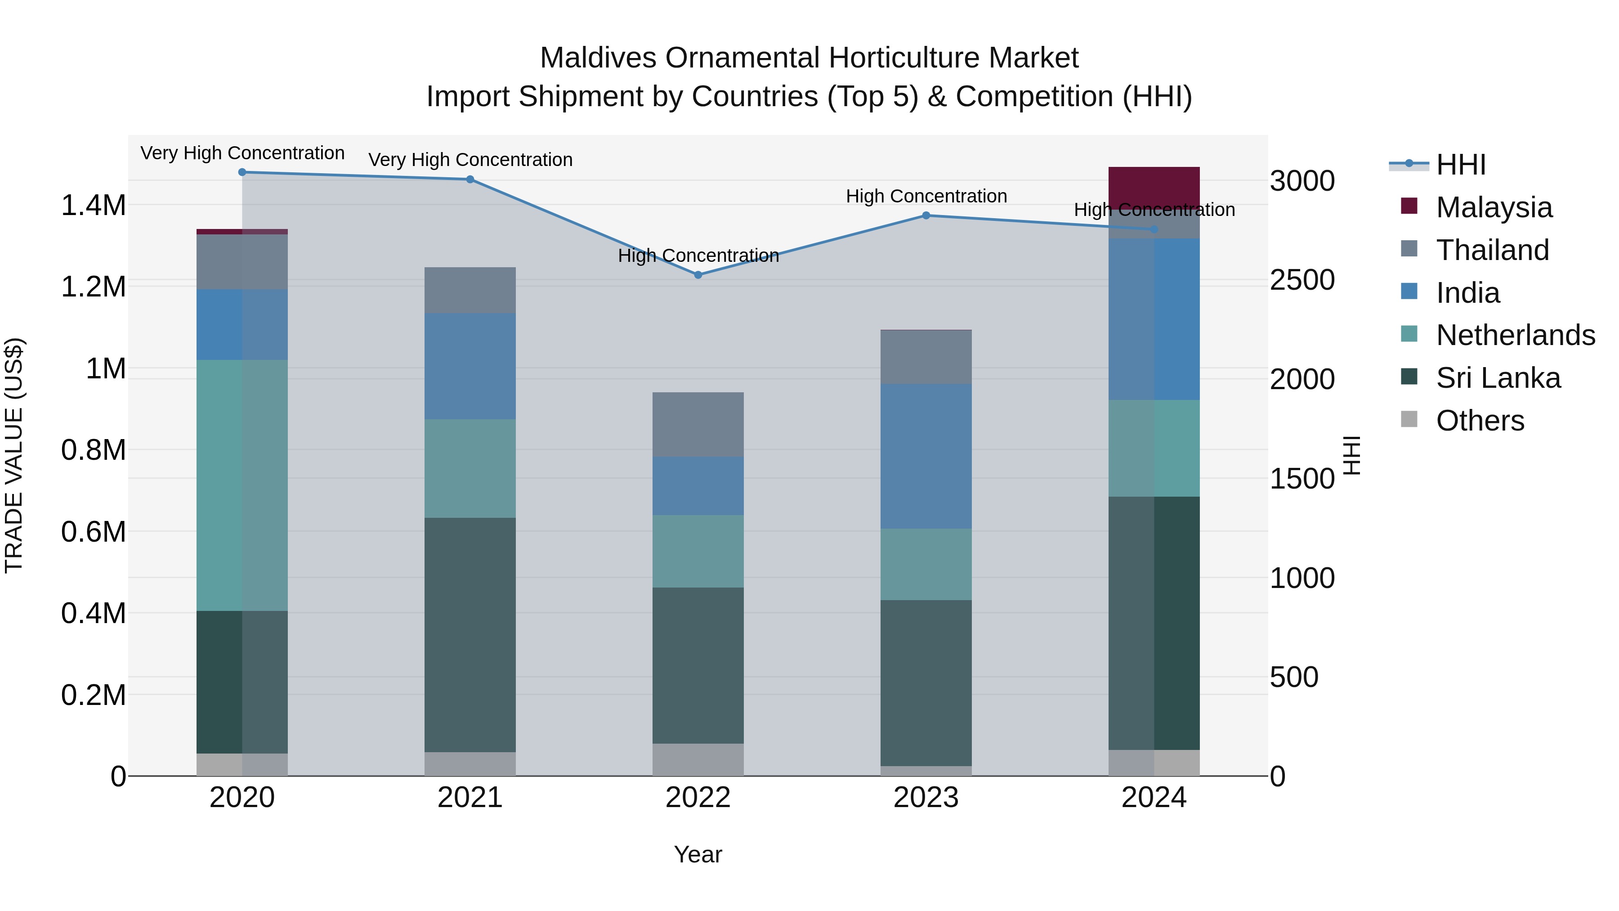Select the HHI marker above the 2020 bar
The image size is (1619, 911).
(242, 172)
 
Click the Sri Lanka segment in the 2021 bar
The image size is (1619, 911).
(470, 634)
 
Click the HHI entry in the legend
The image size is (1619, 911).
(1461, 165)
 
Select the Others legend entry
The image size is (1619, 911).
(1480, 421)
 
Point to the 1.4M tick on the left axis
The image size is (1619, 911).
(93, 206)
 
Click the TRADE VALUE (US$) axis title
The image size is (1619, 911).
(14, 455)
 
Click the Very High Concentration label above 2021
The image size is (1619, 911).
(470, 160)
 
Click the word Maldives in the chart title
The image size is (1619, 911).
(598, 58)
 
